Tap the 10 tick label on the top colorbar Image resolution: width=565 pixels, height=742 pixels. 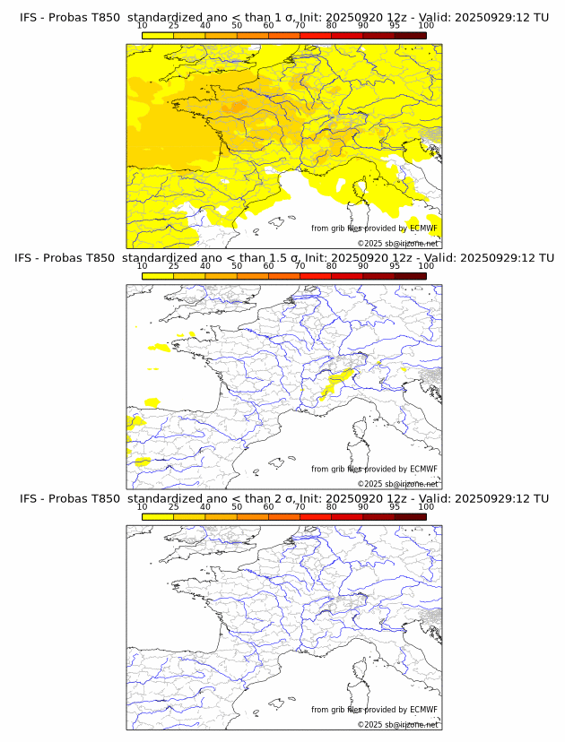(143, 25)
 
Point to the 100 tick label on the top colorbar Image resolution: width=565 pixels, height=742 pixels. (426, 25)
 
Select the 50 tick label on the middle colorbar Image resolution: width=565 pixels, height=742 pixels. (237, 266)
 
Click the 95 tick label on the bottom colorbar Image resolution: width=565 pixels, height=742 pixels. (395, 506)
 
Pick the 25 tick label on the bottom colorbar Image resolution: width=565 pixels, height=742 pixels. (174, 506)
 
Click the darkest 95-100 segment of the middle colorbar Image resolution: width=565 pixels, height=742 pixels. (410, 276)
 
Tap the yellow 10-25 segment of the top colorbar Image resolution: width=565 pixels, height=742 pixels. (158, 35)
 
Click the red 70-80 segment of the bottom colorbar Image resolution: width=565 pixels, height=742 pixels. (316, 516)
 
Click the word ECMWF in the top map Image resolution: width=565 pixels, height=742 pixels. (423, 229)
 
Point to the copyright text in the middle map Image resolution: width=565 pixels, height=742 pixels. (398, 484)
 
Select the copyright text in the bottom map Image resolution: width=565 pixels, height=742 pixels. (398, 724)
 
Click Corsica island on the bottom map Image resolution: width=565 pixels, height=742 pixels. (362, 669)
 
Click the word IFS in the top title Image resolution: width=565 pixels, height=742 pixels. (30, 17)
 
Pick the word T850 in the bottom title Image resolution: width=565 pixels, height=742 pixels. (104, 498)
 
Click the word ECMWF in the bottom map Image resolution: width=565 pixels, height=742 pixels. (423, 710)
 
